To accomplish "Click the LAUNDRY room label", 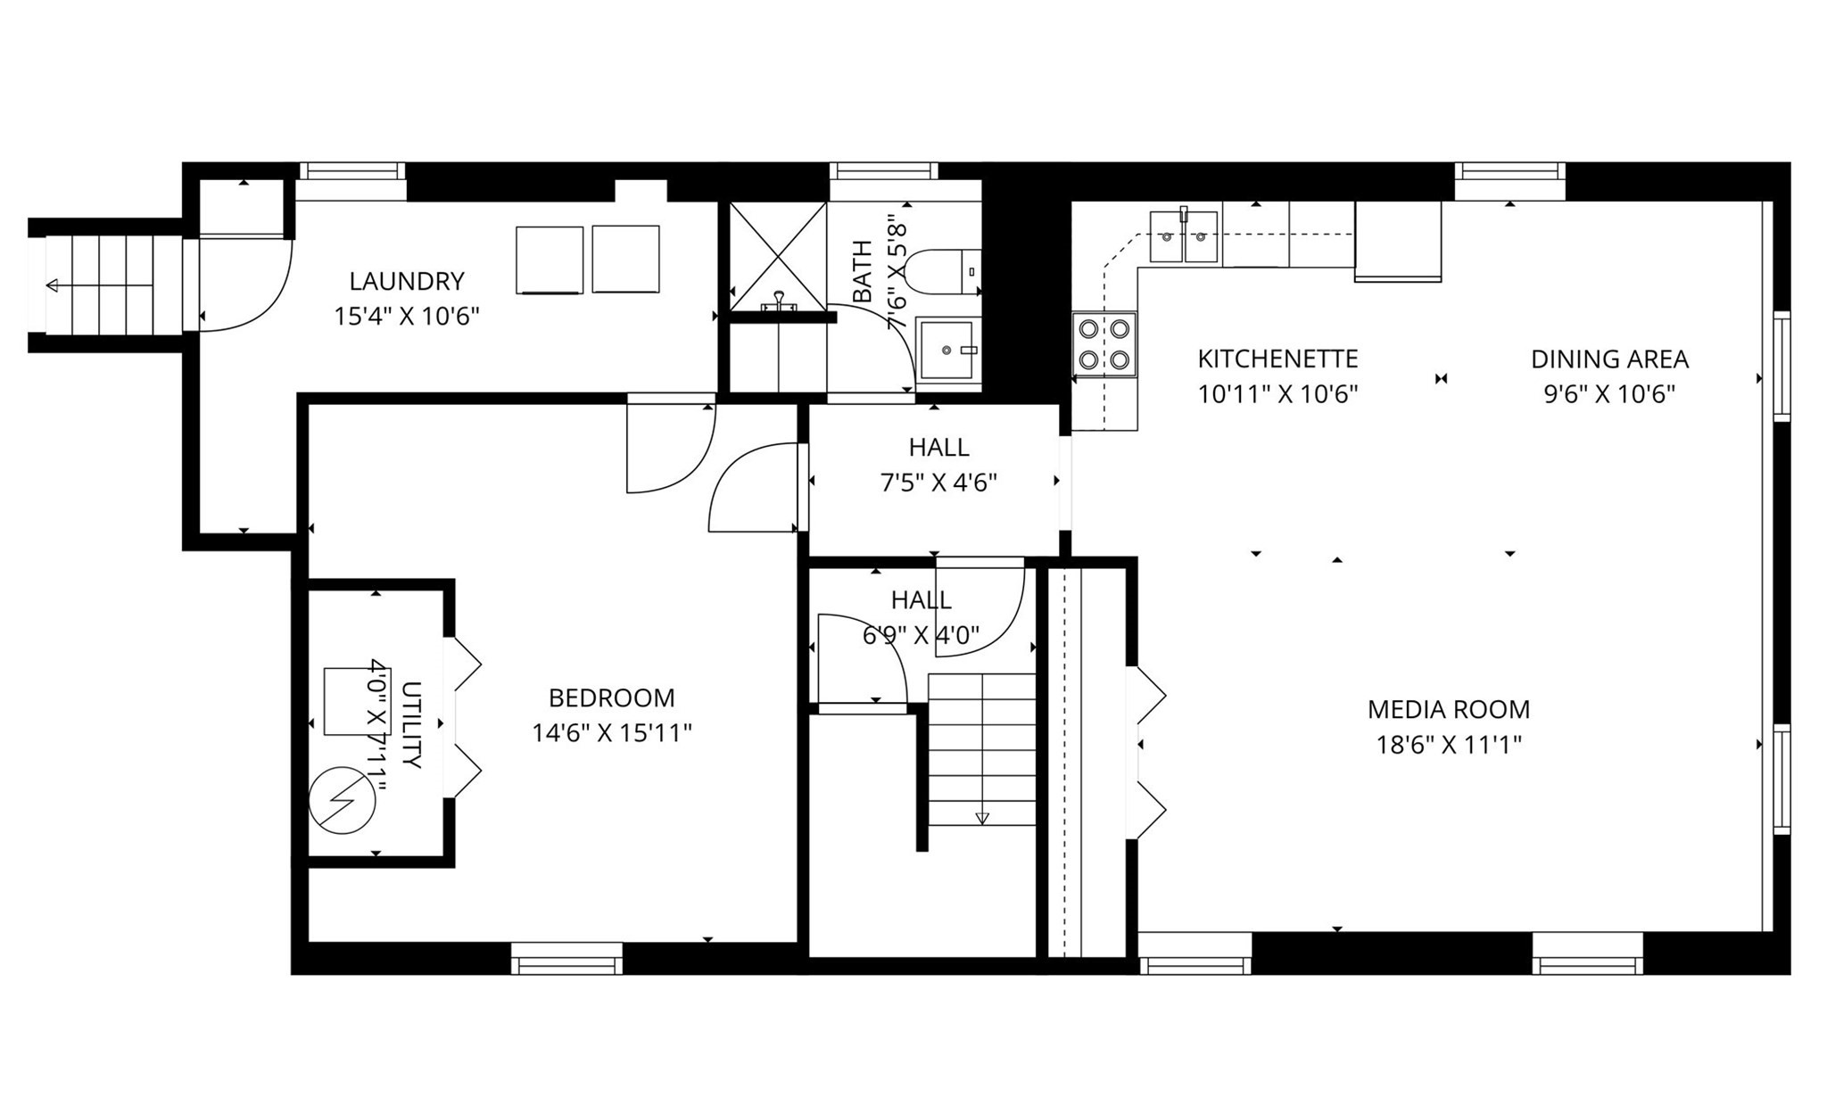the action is click(x=407, y=281).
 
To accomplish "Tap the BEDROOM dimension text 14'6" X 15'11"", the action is click(x=612, y=733).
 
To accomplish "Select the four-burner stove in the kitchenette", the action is click(x=1104, y=344).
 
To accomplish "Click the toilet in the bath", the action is click(x=947, y=272).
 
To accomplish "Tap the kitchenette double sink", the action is click(x=1184, y=236).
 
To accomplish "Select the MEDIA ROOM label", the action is click(x=1449, y=710).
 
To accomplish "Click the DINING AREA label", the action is click(x=1609, y=359).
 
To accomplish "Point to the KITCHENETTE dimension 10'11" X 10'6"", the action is click(x=1277, y=394).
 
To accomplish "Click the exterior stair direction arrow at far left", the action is click(x=100, y=285).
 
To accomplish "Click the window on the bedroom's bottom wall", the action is click(x=566, y=959).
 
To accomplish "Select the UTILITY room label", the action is click(x=411, y=725).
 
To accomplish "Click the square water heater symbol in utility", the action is click(x=344, y=701).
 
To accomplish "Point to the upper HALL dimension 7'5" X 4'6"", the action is click(x=938, y=483).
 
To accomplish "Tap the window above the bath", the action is click(x=883, y=171).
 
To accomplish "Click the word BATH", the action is click(x=863, y=271).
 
